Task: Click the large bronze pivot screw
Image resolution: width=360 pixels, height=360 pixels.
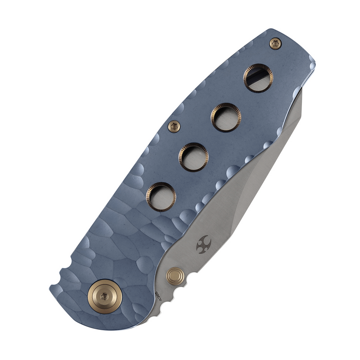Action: click(104, 295)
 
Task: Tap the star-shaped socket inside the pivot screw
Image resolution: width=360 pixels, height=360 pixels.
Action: click(104, 295)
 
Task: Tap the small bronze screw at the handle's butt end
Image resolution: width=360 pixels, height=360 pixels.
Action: click(275, 43)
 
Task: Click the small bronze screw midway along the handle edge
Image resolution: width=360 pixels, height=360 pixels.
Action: click(174, 126)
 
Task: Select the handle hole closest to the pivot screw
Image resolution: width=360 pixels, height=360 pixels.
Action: click(161, 196)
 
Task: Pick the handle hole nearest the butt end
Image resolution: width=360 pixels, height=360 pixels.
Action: click(258, 78)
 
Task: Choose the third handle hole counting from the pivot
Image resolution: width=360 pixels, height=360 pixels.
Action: click(225, 117)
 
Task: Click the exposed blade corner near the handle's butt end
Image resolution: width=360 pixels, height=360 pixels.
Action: click(300, 95)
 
